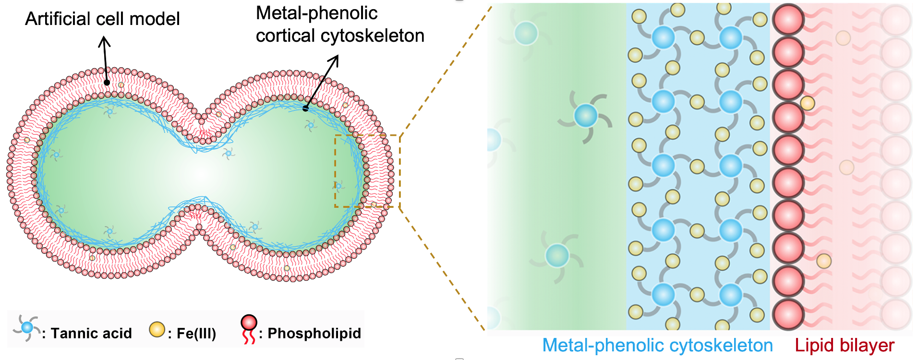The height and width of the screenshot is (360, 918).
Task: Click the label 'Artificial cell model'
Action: pos(102,19)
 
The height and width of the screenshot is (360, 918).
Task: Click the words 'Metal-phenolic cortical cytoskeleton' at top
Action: pos(339,24)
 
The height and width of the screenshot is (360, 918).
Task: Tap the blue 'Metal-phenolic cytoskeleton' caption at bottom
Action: pos(657,346)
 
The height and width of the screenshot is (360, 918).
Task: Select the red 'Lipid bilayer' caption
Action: pos(845,346)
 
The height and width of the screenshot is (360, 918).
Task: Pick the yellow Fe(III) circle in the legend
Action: pos(157,329)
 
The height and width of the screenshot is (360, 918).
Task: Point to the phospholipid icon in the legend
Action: pos(249,329)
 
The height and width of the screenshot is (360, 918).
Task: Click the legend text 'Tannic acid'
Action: pos(91,333)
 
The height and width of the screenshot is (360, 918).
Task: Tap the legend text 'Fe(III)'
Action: pos(196,333)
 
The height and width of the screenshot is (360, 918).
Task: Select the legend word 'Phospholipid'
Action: pos(314,333)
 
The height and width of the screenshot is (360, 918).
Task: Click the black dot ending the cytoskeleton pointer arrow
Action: pos(305,108)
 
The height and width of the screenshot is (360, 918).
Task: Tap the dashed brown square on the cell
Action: pos(367,171)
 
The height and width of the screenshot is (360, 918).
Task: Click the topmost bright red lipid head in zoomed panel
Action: pos(788,20)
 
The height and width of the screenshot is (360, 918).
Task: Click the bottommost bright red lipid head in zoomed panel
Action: pos(788,314)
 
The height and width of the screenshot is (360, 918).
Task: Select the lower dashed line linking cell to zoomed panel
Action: pos(442,269)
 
